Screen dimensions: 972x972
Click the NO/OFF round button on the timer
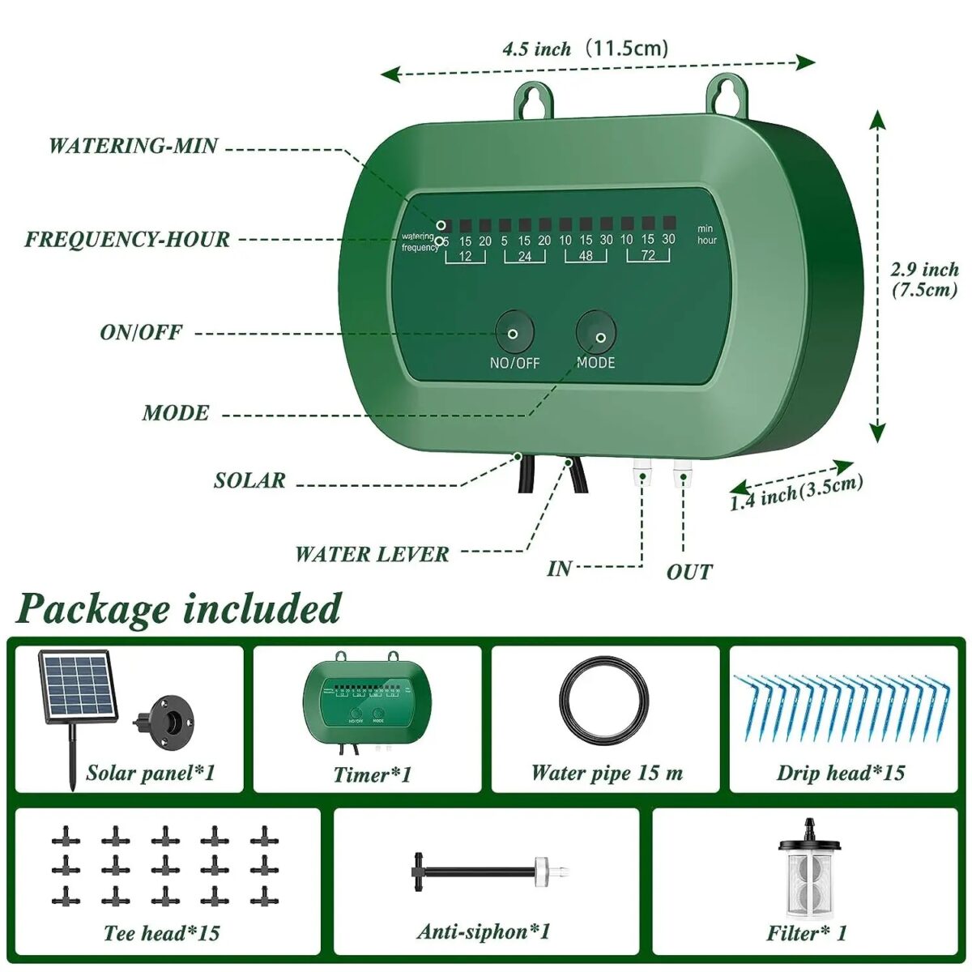pos(514,332)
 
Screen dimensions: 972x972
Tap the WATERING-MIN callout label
pos(134,146)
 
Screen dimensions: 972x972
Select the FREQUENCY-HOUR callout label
pos(127,239)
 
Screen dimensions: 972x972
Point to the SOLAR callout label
pos(249,480)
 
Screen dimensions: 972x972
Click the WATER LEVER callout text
pos(372,554)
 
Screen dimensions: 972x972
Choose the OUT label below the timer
pos(689,572)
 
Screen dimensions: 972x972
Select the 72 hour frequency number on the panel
pos(647,256)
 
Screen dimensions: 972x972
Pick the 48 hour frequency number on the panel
pos(586,256)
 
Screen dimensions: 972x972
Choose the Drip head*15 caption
pos(841,773)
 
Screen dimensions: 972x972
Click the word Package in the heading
pos(93,609)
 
